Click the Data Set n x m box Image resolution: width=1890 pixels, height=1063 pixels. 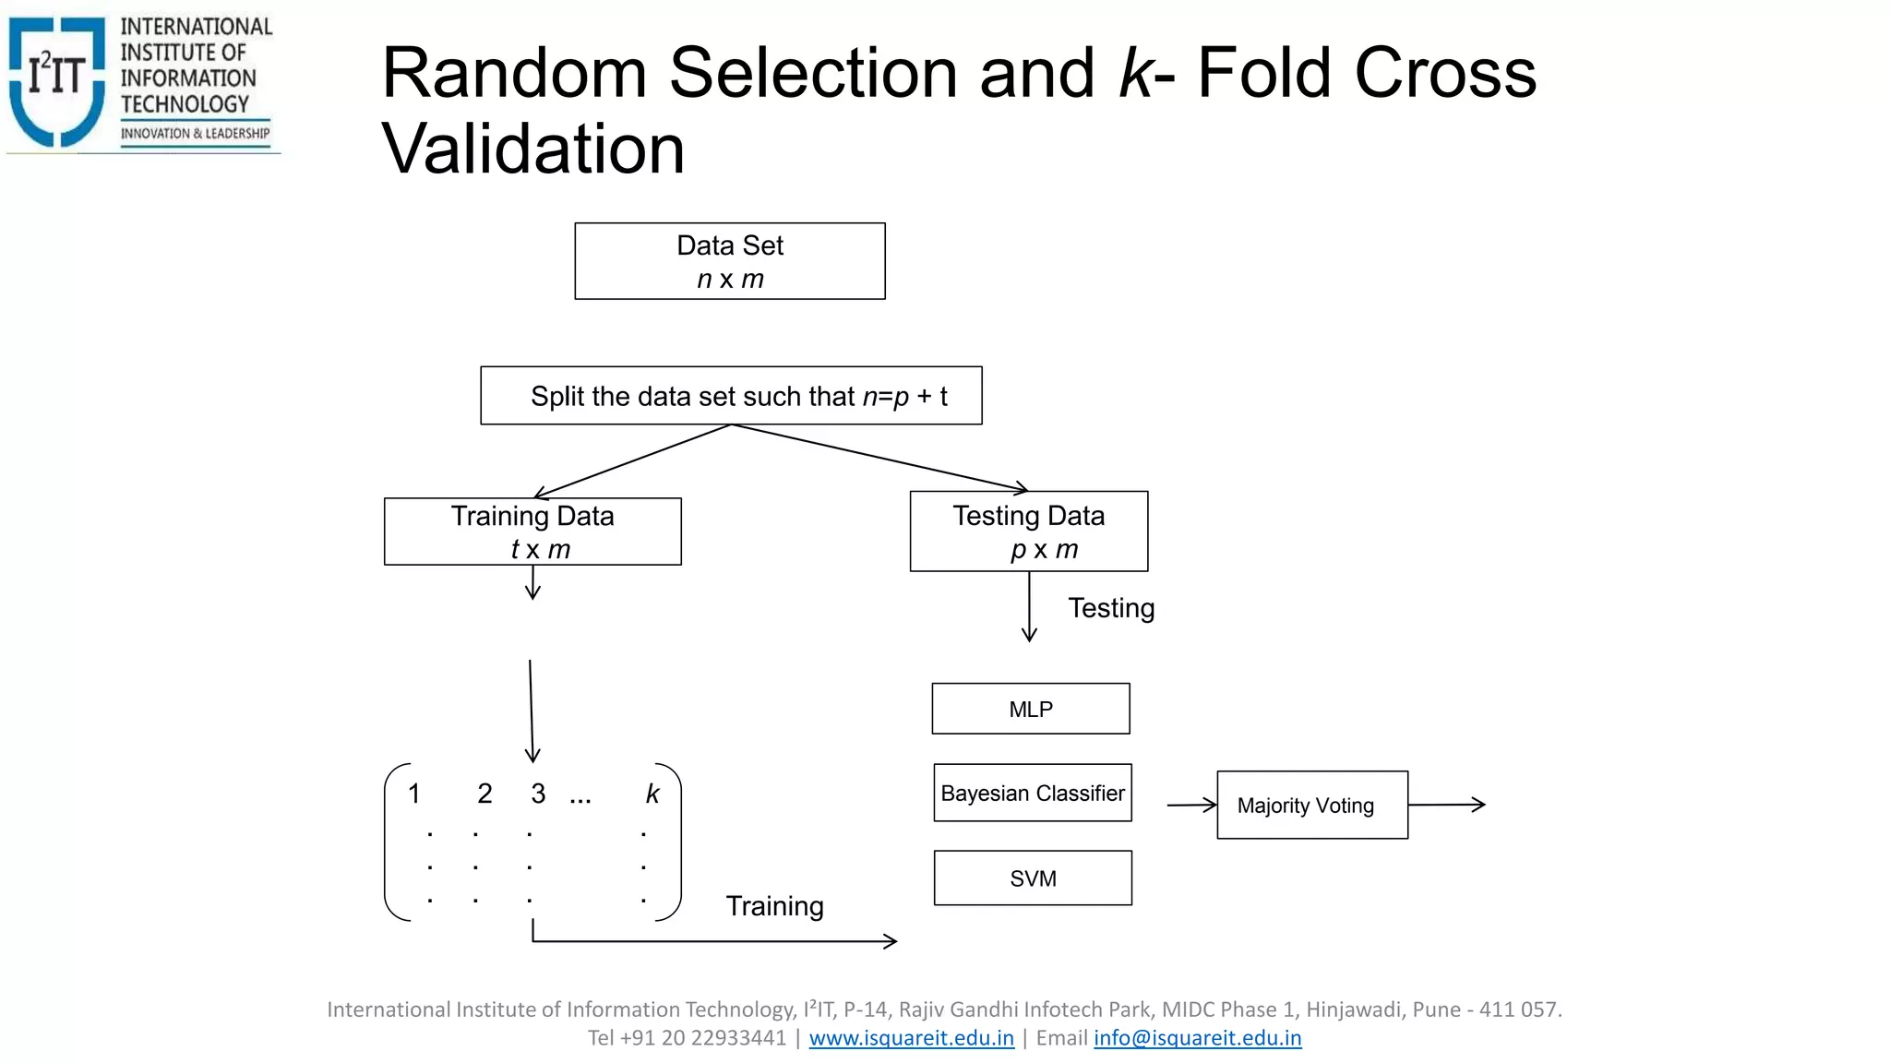pyautogui.click(x=729, y=261)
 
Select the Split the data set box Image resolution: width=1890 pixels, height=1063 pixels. pyautogui.click(x=731, y=396)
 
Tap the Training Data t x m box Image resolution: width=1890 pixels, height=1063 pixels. pyautogui.click(x=532, y=531)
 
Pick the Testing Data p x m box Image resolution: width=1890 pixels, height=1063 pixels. pyautogui.click(x=1028, y=531)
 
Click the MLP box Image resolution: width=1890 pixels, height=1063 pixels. pyautogui.click(x=1030, y=709)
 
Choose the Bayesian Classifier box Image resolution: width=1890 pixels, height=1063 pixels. pyautogui.click(x=1032, y=793)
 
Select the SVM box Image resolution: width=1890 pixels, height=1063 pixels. pyautogui.click(x=1032, y=878)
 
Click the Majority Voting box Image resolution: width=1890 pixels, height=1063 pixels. pyautogui.click(x=1311, y=805)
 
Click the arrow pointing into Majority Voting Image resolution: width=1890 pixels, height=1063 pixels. pyautogui.click(x=1192, y=805)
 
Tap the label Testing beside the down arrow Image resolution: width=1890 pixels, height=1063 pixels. pyautogui.click(x=1111, y=608)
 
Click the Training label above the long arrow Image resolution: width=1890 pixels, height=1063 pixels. pyautogui.click(x=774, y=906)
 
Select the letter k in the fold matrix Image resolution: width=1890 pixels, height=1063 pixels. pyautogui.click(x=652, y=794)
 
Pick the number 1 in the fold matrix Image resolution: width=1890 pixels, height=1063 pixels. pyautogui.click(x=414, y=794)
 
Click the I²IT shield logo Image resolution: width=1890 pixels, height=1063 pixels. pyautogui.click(x=57, y=81)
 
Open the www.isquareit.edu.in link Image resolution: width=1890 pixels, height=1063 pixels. pyautogui.click(x=911, y=1038)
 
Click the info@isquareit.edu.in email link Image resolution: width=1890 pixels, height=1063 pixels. pyautogui.click(x=1197, y=1038)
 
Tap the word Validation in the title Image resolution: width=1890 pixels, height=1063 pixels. pyautogui.click(x=533, y=149)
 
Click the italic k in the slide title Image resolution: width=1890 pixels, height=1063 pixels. pyautogui.click(x=1135, y=74)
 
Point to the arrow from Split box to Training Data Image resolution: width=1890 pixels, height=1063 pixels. pyautogui.click(x=631, y=461)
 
